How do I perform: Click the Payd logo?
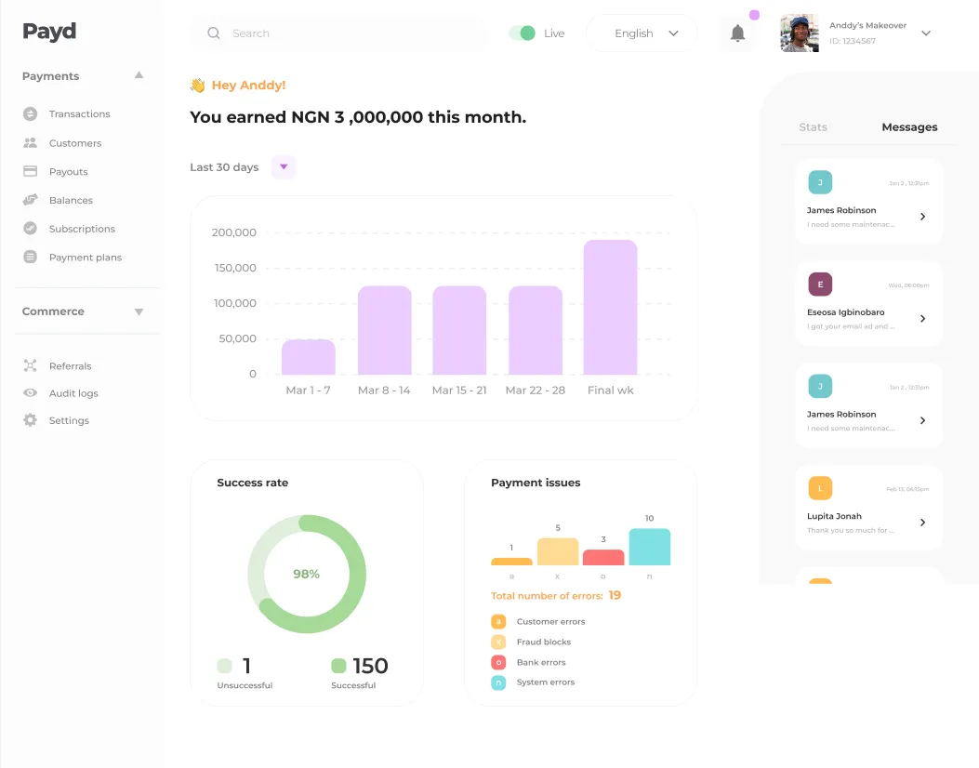click(x=49, y=32)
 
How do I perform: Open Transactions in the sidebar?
click(x=79, y=114)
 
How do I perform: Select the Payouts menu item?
click(x=68, y=172)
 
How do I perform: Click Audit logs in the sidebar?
click(x=73, y=393)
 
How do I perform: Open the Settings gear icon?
click(x=30, y=420)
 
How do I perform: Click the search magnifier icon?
click(x=214, y=33)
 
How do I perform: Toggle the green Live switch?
click(x=523, y=33)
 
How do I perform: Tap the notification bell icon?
click(x=737, y=33)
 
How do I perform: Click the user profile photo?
click(x=800, y=33)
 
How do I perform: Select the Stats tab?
click(x=813, y=127)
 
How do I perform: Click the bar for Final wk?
click(x=610, y=308)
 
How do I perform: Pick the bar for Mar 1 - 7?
click(x=308, y=357)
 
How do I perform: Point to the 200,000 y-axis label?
click(x=234, y=232)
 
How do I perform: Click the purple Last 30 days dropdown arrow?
click(x=284, y=167)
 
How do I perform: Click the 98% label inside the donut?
click(x=307, y=575)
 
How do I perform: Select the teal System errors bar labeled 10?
click(x=649, y=547)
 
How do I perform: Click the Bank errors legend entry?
click(x=540, y=663)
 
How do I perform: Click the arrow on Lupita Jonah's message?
click(x=922, y=523)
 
